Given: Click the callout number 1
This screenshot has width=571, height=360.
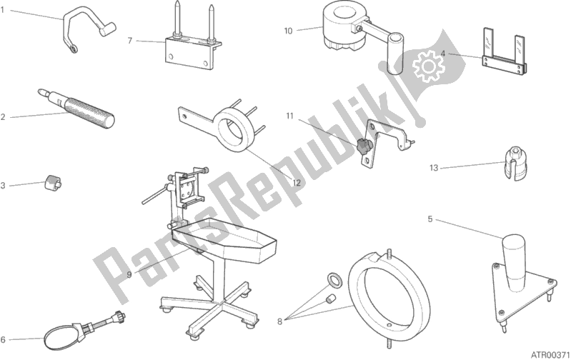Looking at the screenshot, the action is tap(2, 10).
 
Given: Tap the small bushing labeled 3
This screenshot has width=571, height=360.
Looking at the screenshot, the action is tap(53, 181).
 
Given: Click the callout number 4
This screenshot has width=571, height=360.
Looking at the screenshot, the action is tap(443, 54).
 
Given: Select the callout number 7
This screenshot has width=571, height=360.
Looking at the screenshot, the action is tap(130, 41).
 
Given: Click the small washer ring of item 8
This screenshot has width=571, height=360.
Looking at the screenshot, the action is tap(334, 279).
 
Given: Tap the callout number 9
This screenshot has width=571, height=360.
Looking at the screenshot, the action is tap(129, 274).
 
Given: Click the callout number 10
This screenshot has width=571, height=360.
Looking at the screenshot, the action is tap(288, 31).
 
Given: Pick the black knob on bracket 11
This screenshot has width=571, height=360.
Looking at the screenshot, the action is tap(363, 146).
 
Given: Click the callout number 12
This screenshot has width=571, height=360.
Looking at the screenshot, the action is tap(297, 183).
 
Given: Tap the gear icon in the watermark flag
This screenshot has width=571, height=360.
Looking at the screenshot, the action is tap(428, 66).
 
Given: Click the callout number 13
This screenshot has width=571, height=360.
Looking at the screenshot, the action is tap(433, 168).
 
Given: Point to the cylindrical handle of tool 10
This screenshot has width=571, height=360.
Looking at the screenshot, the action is tap(394, 54).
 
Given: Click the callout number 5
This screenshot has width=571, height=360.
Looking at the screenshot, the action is tap(430, 219).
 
